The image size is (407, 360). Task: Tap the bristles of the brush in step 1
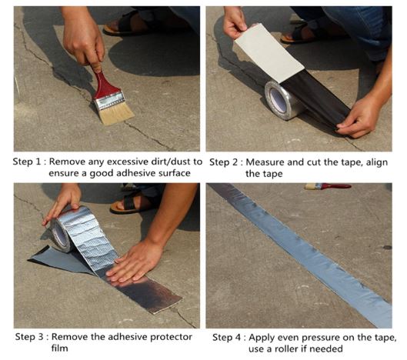point(116,114)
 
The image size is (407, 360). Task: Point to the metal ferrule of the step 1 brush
point(109,100)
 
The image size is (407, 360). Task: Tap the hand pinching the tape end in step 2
point(359,118)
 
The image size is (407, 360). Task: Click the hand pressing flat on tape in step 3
point(134,262)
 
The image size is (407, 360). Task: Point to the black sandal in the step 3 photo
point(130,203)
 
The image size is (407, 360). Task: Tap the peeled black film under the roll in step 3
point(61,258)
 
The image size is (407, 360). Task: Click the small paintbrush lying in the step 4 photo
point(328,186)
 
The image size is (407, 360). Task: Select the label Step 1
point(27,162)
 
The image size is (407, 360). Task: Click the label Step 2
point(223,162)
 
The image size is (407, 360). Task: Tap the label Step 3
point(29,337)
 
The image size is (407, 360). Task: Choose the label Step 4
point(227,338)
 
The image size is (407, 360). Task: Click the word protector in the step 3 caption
point(171,337)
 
